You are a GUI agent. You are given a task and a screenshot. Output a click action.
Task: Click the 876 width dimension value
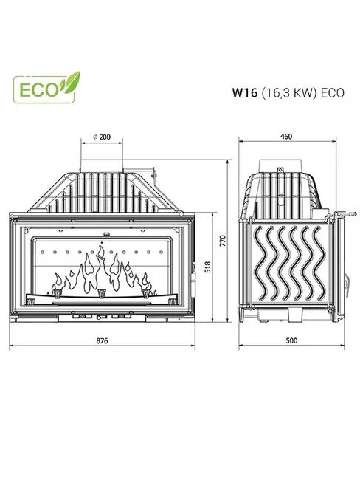102,340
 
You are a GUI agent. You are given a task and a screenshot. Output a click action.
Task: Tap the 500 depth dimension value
291,340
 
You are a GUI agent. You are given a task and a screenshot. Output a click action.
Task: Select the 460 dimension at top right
286,136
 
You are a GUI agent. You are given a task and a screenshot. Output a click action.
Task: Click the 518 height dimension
208,267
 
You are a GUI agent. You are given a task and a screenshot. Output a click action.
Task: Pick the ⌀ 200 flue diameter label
102,137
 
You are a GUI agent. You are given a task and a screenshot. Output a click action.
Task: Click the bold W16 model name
244,92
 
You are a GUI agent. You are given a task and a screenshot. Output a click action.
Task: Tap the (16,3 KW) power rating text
288,92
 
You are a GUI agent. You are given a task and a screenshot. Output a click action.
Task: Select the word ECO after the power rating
332,92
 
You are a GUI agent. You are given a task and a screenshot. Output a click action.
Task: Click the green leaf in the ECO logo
70,81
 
